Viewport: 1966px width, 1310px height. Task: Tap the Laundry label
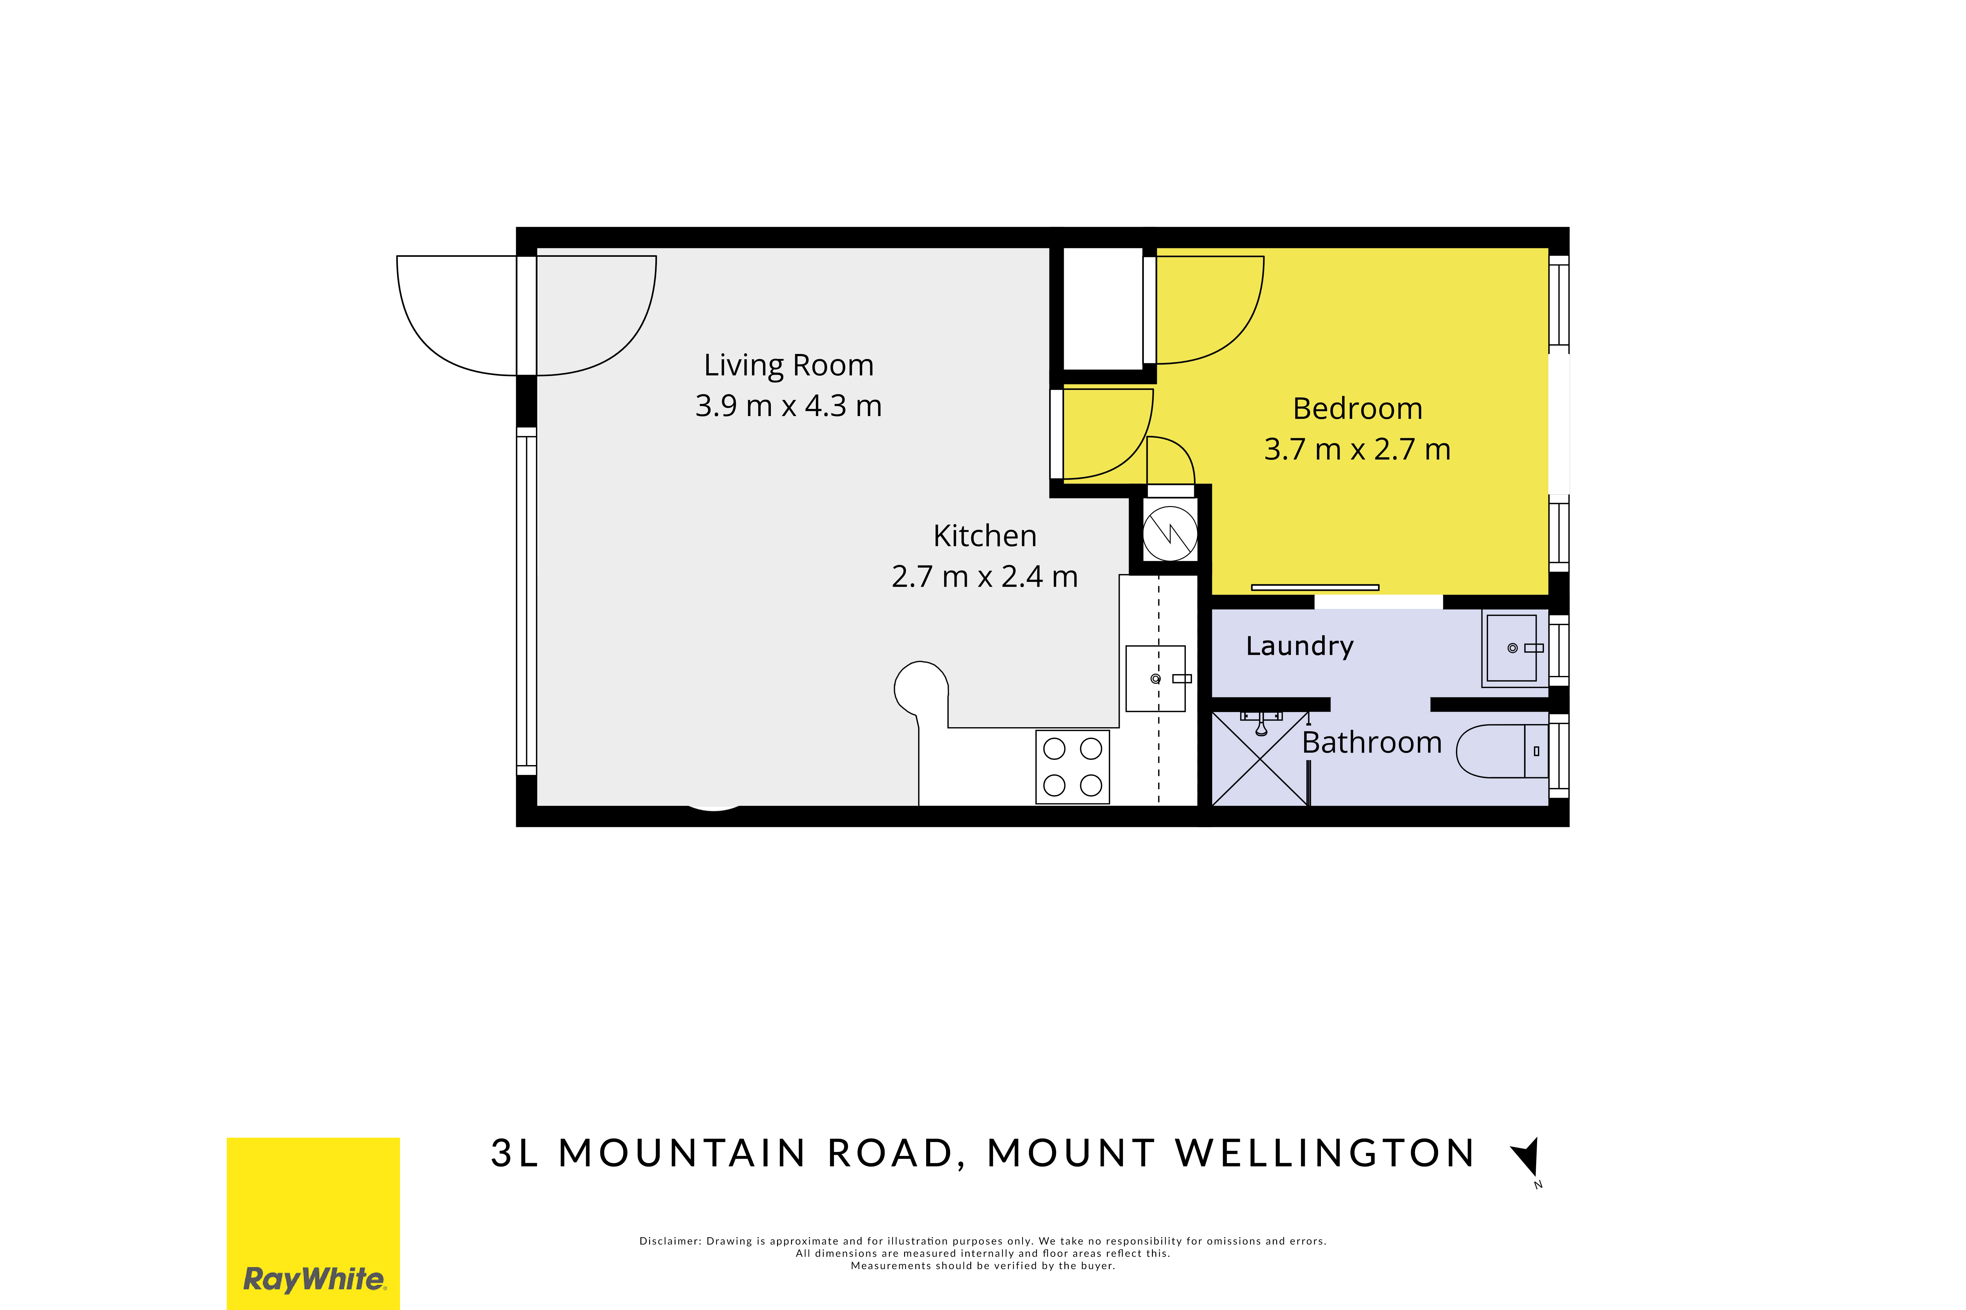1299,646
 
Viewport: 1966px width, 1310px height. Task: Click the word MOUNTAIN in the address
682,1154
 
